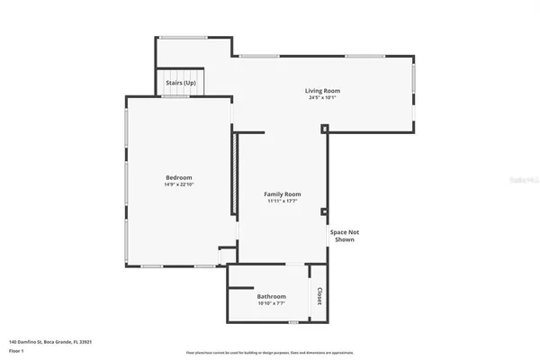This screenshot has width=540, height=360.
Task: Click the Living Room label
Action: pos(322,90)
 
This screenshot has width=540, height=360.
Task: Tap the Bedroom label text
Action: pos(178,177)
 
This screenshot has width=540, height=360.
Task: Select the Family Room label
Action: pos(282,194)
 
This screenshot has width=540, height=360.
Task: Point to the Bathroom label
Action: pos(271,296)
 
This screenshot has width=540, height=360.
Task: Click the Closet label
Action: pos(319,295)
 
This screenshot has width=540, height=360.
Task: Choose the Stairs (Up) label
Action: pos(181,82)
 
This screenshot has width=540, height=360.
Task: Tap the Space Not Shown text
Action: pos(343,237)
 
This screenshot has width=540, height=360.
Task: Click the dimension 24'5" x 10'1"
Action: pos(322,98)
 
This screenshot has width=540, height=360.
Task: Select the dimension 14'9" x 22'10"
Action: pos(178,184)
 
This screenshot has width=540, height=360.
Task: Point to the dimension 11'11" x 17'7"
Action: pos(282,202)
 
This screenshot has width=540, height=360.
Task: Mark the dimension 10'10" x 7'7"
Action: pos(271,303)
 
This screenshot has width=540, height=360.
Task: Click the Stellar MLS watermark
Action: pos(518,180)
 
